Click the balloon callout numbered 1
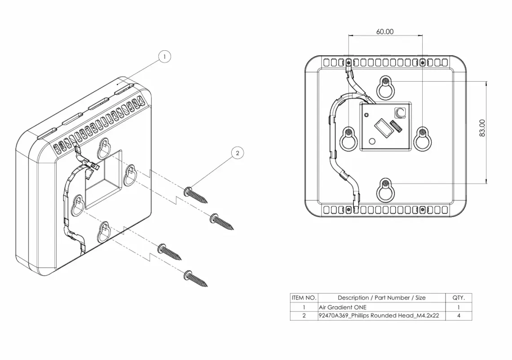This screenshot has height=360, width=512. [x=165, y=57]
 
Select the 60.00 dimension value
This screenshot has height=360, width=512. [x=385, y=31]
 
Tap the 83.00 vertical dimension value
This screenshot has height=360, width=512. [x=482, y=128]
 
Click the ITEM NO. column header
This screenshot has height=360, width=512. [x=304, y=298]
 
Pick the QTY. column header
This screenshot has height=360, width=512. [x=459, y=298]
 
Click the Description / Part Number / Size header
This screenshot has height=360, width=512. [x=381, y=298]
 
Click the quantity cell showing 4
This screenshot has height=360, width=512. [x=459, y=316]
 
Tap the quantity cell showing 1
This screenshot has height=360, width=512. [x=459, y=307]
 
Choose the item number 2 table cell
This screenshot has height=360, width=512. [x=304, y=316]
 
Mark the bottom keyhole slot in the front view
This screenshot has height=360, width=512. [x=385, y=189]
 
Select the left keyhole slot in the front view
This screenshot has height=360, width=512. [x=349, y=138]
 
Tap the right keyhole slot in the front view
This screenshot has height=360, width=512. [x=423, y=138]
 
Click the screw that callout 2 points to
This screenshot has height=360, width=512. [x=196, y=194]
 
